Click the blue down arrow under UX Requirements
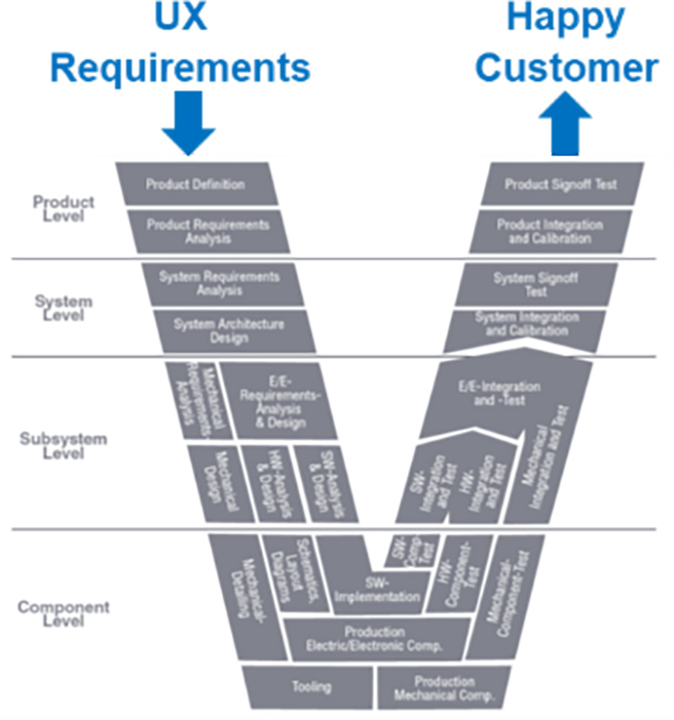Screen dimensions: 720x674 coord(189,125)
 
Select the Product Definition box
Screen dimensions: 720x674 coord(195,184)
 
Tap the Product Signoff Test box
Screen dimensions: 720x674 coord(560,184)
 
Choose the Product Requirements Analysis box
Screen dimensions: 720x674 coord(207,232)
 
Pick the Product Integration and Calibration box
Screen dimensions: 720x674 coord(550,232)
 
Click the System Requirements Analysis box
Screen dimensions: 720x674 coord(218,283)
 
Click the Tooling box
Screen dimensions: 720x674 coord(308,686)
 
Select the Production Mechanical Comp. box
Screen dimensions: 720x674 coord(444,687)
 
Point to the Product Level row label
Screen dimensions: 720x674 coord(63,209)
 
